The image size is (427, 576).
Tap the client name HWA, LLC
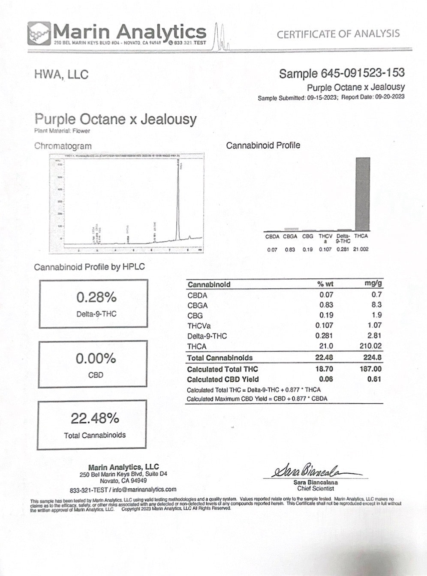[x=61, y=75]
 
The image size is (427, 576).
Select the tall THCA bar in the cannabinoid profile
[x=363, y=194]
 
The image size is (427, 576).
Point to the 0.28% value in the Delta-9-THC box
[x=96, y=297]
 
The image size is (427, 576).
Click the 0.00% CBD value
[x=96, y=358]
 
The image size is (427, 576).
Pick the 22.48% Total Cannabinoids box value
[x=95, y=418]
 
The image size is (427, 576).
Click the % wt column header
[x=325, y=284]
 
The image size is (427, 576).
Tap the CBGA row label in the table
[x=198, y=305]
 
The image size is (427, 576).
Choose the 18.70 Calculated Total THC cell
[x=325, y=369]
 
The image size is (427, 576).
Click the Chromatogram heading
[x=63, y=146]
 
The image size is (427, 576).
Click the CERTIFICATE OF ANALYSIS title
[x=338, y=34]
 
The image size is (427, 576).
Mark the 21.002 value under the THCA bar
[x=361, y=250]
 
